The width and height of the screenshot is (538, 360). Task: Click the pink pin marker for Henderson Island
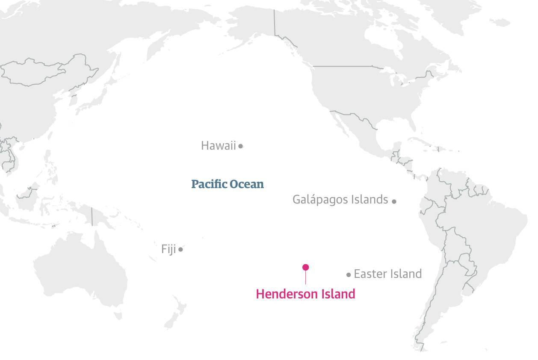[x=305, y=268]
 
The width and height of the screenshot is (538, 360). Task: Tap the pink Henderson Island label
[x=305, y=294]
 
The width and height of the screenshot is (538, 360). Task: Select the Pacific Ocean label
[x=227, y=184]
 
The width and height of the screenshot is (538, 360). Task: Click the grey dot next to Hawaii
[x=241, y=146]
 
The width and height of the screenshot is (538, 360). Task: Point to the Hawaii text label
[x=218, y=146]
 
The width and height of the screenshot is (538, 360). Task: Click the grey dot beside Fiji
[x=181, y=249]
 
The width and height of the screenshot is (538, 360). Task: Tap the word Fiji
[x=168, y=249]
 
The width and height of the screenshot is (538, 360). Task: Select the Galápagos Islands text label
[x=340, y=200]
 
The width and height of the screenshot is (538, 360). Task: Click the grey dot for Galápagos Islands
[x=394, y=201]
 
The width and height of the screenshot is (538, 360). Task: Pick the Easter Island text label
[x=387, y=274]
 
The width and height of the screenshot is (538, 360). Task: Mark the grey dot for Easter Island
[x=349, y=274]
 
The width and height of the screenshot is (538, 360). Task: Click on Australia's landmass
[x=81, y=269]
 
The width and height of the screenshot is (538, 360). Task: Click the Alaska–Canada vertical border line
[x=274, y=21]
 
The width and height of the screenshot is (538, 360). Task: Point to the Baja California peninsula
[x=342, y=124]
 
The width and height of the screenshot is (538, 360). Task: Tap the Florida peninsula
[x=413, y=124]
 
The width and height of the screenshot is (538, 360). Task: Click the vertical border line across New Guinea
[x=92, y=216]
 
